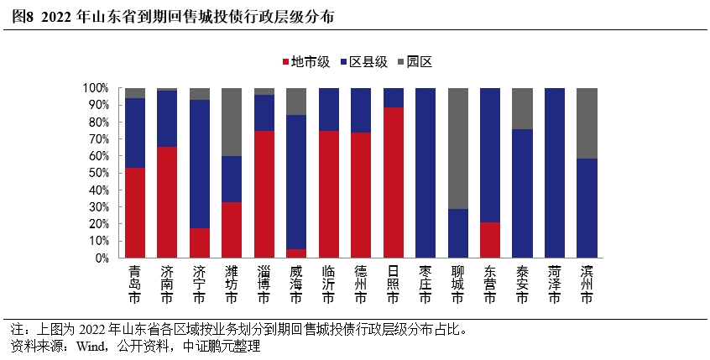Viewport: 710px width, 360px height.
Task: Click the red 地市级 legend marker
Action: (287, 62)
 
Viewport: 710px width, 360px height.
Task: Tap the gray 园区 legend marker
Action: (402, 62)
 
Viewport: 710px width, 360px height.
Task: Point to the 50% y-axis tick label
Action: (96, 173)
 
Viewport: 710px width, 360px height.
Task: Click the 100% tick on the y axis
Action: (94, 88)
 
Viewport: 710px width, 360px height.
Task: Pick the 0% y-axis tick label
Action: (99, 258)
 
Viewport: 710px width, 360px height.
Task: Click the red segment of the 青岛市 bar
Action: (135, 213)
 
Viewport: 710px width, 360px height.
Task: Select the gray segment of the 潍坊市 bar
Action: (232, 122)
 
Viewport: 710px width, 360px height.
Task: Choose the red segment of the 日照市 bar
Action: (394, 182)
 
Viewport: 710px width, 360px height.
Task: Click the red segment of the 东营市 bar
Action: (490, 240)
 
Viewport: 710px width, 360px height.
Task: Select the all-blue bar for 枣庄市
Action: (425, 173)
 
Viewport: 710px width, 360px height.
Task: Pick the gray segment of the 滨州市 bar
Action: (587, 123)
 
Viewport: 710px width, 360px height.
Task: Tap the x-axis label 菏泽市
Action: (555, 285)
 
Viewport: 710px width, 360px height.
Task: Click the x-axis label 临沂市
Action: (328, 285)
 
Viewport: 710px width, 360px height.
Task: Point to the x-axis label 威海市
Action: (296, 285)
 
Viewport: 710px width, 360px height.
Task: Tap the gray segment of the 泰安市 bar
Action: (522, 108)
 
